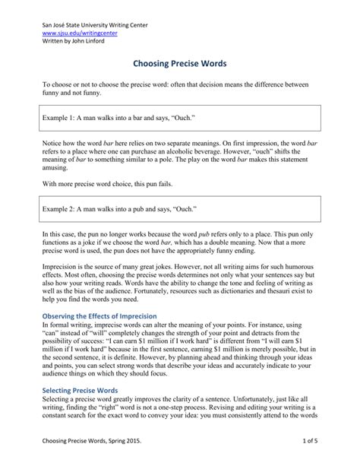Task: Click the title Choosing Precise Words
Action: pyautogui.click(x=180, y=66)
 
